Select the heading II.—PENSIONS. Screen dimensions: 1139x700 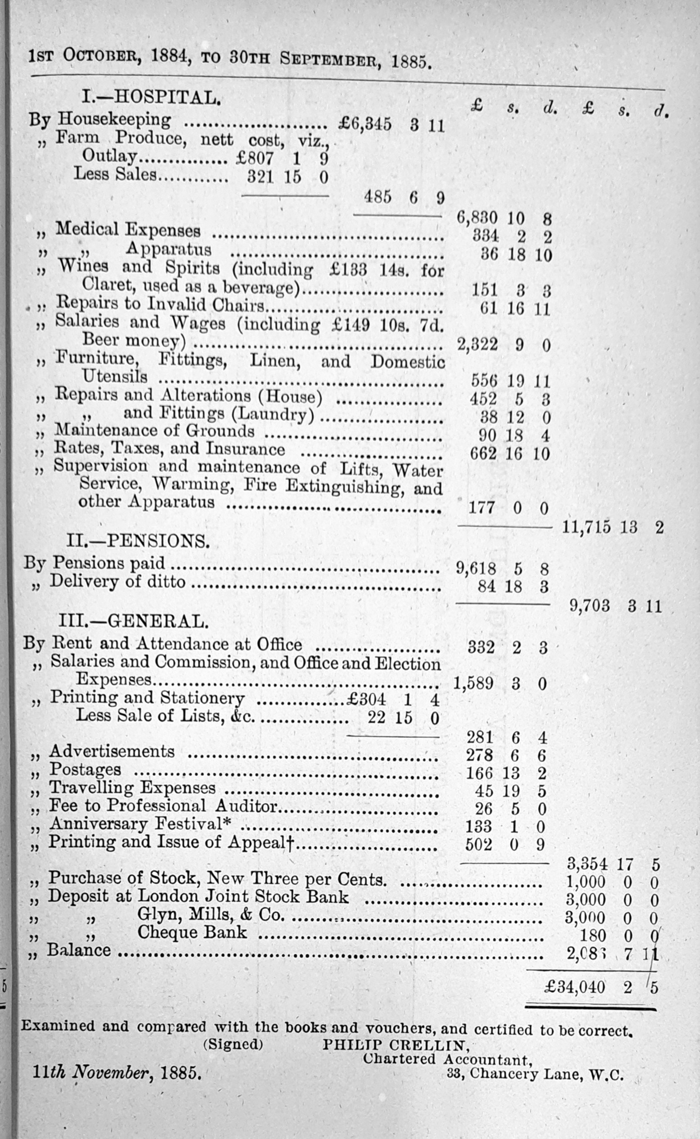pyautogui.click(x=138, y=541)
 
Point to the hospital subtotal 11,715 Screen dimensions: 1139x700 pyautogui.click(x=586, y=527)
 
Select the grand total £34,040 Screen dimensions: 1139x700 pyautogui.click(x=575, y=987)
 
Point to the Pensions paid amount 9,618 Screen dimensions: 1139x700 pyautogui.click(x=476, y=568)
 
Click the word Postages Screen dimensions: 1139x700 pyautogui.click(x=85, y=769)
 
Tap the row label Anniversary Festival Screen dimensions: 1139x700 pyautogui.click(x=139, y=824)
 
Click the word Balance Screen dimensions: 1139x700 pyautogui.click(x=79, y=950)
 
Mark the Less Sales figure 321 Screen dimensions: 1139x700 pyautogui.click(x=260, y=177)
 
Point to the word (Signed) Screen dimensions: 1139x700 pyautogui.click(x=233, y=1044)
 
